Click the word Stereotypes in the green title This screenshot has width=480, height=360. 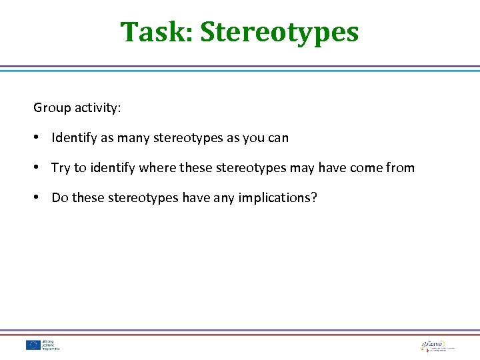point(279,32)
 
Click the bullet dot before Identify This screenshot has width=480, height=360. point(39,138)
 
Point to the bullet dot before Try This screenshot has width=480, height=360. point(39,168)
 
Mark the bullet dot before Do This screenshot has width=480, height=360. point(39,198)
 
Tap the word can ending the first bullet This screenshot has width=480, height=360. point(277,138)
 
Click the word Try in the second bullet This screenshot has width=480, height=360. point(61,168)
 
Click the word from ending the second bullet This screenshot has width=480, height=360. point(400,168)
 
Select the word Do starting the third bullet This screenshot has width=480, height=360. point(59,198)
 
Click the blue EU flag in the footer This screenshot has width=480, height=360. point(33,345)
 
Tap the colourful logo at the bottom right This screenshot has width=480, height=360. point(427,345)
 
